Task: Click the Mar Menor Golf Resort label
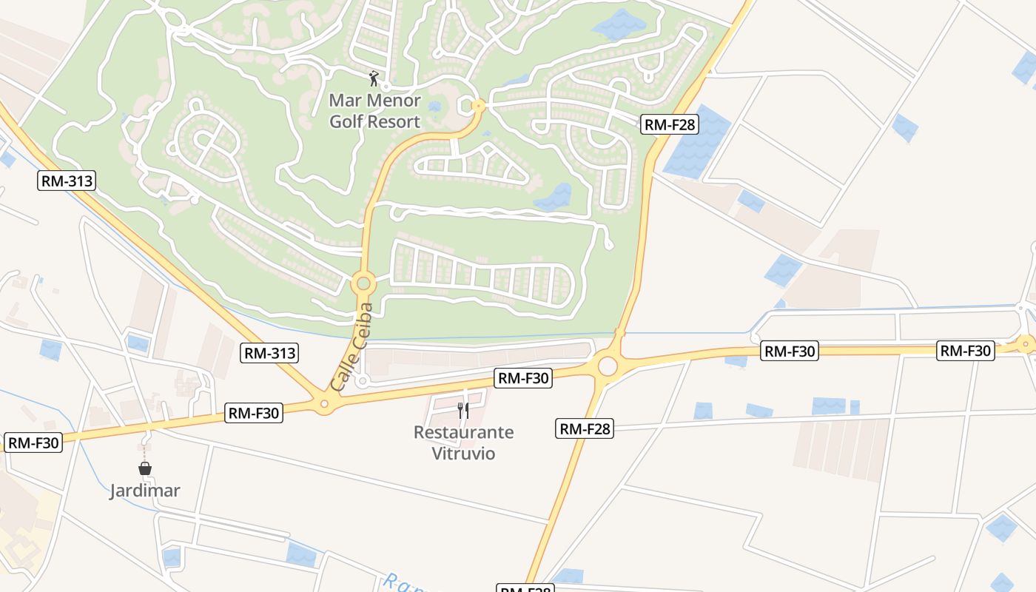point(374,111)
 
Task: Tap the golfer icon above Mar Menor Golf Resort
point(374,78)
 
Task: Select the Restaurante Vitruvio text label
point(463,443)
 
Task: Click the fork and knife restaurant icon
point(463,410)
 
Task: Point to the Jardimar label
point(145,491)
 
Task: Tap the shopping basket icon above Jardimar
point(145,468)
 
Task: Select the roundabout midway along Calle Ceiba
point(363,283)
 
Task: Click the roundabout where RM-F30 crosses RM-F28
point(608,366)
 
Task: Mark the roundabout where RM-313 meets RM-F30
point(323,404)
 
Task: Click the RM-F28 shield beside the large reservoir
point(670,124)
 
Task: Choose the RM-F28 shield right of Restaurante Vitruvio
point(585,428)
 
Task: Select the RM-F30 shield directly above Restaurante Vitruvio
point(523,378)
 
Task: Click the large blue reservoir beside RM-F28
point(696,142)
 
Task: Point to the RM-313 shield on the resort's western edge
point(67,180)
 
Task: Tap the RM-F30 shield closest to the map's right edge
point(965,351)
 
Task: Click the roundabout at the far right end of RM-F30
point(1026,343)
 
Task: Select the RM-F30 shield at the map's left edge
point(33,443)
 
